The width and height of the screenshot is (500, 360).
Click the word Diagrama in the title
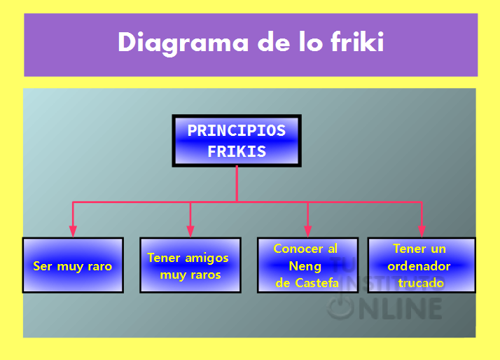tap(183, 43)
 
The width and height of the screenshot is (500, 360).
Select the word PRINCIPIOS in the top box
tap(237, 130)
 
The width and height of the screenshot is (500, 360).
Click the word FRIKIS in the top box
tap(237, 151)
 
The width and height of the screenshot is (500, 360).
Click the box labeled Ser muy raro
tap(73, 265)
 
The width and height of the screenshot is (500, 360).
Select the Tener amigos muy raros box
tap(190, 265)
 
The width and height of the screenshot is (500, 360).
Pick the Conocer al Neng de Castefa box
tap(307, 265)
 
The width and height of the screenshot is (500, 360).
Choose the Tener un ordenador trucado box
tap(422, 265)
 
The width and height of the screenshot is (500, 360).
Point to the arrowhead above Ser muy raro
tap(73, 231)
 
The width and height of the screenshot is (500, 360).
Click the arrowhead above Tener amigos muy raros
tap(190, 231)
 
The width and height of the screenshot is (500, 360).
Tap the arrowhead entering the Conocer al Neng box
tap(307, 231)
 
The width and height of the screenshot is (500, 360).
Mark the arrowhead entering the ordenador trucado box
tap(422, 231)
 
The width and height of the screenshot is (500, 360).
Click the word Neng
tap(305, 266)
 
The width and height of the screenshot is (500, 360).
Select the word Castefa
tap(317, 283)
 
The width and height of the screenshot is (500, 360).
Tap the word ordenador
tap(419, 266)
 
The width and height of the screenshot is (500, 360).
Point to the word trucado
tap(421, 283)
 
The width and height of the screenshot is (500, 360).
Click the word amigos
tap(207, 258)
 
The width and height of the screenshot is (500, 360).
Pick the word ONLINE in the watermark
tap(401, 309)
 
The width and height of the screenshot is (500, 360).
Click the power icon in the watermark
tap(340, 307)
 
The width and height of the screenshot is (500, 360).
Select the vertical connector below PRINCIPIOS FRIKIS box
tap(237, 184)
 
